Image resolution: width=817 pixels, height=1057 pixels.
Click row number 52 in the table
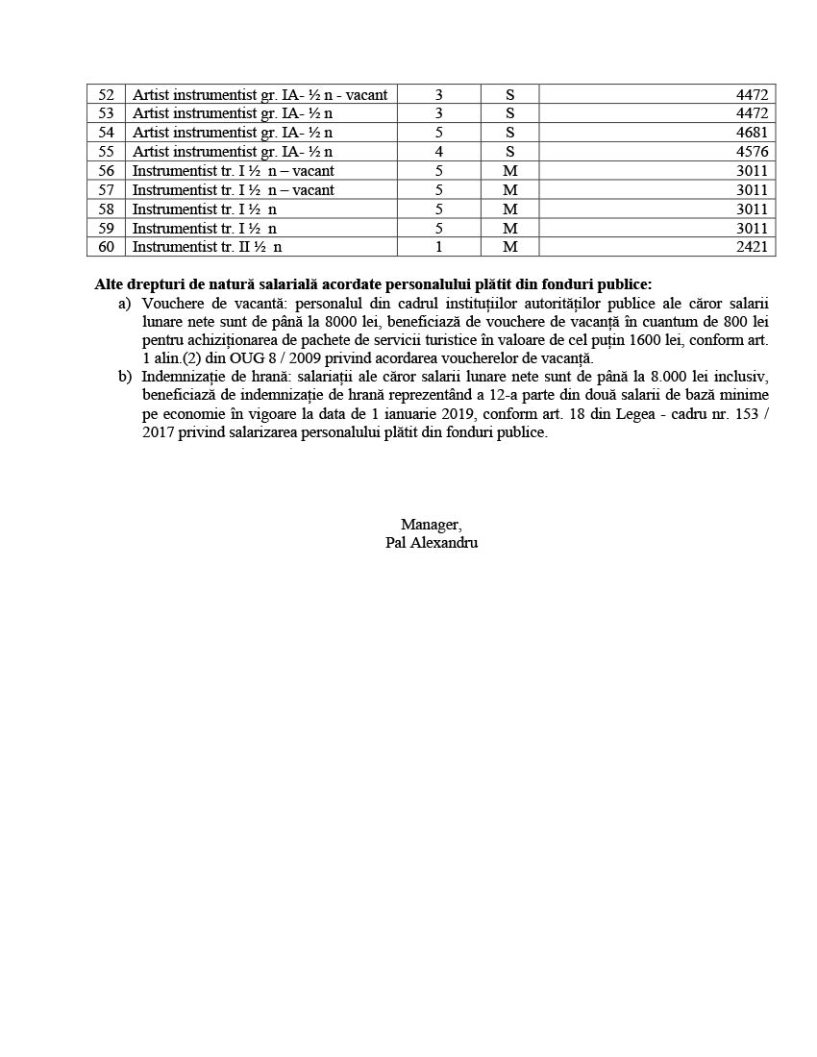pyautogui.click(x=106, y=94)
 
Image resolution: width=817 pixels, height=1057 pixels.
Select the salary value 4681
pyautogui.click(x=752, y=133)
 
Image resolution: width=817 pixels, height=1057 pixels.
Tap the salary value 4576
pyautogui.click(x=752, y=152)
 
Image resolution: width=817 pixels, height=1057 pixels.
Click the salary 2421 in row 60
pyautogui.click(x=752, y=247)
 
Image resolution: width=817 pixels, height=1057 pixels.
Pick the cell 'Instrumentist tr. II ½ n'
pyautogui.click(x=207, y=247)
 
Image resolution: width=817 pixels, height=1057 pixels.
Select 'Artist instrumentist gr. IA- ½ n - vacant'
pyautogui.click(x=260, y=94)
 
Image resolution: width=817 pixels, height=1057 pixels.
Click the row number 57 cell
pyautogui.click(x=106, y=190)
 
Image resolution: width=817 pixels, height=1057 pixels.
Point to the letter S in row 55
pyautogui.click(x=509, y=152)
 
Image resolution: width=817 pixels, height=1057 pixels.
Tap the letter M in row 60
pyautogui.click(x=509, y=247)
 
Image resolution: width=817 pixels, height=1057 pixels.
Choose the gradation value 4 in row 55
pyautogui.click(x=438, y=152)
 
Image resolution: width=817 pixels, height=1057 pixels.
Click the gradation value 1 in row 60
pyautogui.click(x=438, y=247)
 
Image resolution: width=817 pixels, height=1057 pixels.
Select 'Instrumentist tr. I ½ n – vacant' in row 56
pyautogui.click(x=233, y=171)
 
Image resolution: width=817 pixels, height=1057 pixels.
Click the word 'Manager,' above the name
pyautogui.click(x=431, y=525)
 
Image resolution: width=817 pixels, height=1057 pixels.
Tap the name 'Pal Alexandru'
pyautogui.click(x=431, y=543)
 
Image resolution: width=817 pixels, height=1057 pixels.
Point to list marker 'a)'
pyautogui.click(x=124, y=304)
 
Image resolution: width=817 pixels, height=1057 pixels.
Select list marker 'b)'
pyautogui.click(x=125, y=376)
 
